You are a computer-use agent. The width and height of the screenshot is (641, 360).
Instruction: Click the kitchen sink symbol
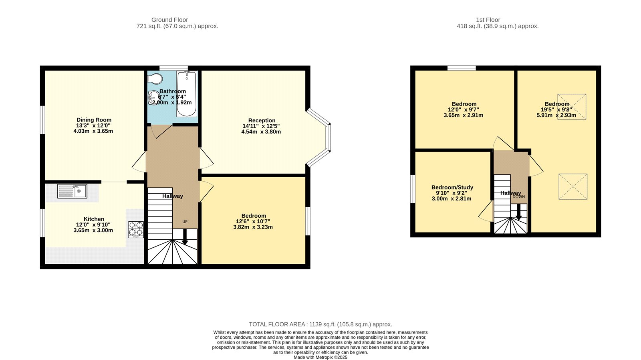pyautogui.click(x=72, y=191)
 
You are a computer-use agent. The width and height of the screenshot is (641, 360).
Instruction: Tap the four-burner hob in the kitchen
pyautogui.click(x=136, y=229)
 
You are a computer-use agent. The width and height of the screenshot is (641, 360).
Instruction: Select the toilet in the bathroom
pyautogui.click(x=155, y=78)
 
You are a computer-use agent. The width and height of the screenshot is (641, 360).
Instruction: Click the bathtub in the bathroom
pyautogui.click(x=187, y=93)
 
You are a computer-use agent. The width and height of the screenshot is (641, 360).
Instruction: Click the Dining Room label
pyautogui.click(x=94, y=120)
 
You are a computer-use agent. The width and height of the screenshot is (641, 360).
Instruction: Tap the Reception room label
pyautogui.click(x=262, y=120)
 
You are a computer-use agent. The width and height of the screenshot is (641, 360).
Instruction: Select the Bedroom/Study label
pyautogui.click(x=452, y=187)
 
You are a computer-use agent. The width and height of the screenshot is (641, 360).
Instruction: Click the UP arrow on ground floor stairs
pyautogui.click(x=185, y=237)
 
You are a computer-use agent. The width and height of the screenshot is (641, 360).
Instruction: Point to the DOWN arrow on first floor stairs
pyautogui.click(x=518, y=212)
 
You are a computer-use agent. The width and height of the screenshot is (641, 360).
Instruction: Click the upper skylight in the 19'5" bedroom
pyautogui.click(x=572, y=107)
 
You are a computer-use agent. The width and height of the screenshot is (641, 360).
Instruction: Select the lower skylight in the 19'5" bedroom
pyautogui.click(x=573, y=186)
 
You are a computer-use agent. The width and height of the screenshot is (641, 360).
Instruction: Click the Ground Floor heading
pyautogui.click(x=169, y=20)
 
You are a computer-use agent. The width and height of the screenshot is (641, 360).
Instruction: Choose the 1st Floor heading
pyautogui.click(x=488, y=20)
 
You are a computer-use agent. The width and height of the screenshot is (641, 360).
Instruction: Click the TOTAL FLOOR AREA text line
pyautogui.click(x=320, y=324)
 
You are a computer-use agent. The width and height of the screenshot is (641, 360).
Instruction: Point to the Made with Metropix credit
pyautogui.click(x=320, y=357)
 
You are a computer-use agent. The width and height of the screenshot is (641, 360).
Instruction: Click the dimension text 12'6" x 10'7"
pyautogui.click(x=253, y=221)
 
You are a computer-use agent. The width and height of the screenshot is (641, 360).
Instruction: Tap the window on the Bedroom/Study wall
pyautogui.click(x=413, y=189)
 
